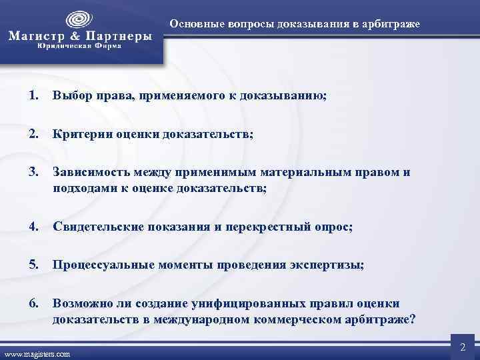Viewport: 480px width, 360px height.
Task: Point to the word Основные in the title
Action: coord(194,25)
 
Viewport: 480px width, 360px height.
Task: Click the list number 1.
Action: coord(34,95)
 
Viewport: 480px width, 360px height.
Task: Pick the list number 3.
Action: coord(34,172)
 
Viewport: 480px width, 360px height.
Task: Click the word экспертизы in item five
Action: coord(327,265)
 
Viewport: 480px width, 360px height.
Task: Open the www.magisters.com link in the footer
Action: coord(37,354)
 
